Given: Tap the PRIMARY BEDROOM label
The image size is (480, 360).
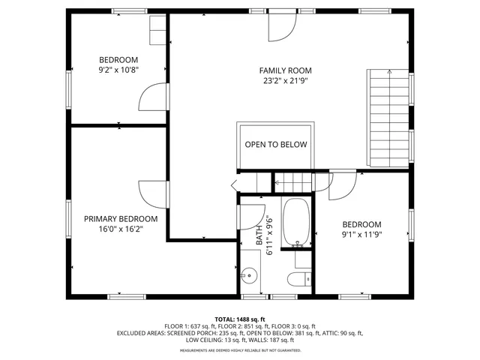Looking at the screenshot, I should coord(121,219).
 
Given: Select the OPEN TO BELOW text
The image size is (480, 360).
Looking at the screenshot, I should coord(276,145).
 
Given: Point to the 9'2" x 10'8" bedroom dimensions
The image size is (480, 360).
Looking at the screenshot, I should coord(118,70).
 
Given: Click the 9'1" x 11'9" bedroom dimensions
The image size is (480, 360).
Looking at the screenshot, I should coord(361,235).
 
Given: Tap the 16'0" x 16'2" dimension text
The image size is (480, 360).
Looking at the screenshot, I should coord(121,229).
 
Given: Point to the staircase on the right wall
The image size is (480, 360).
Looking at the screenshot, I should coord(390,118).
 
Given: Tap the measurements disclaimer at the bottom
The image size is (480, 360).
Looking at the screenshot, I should coord(240,349).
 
